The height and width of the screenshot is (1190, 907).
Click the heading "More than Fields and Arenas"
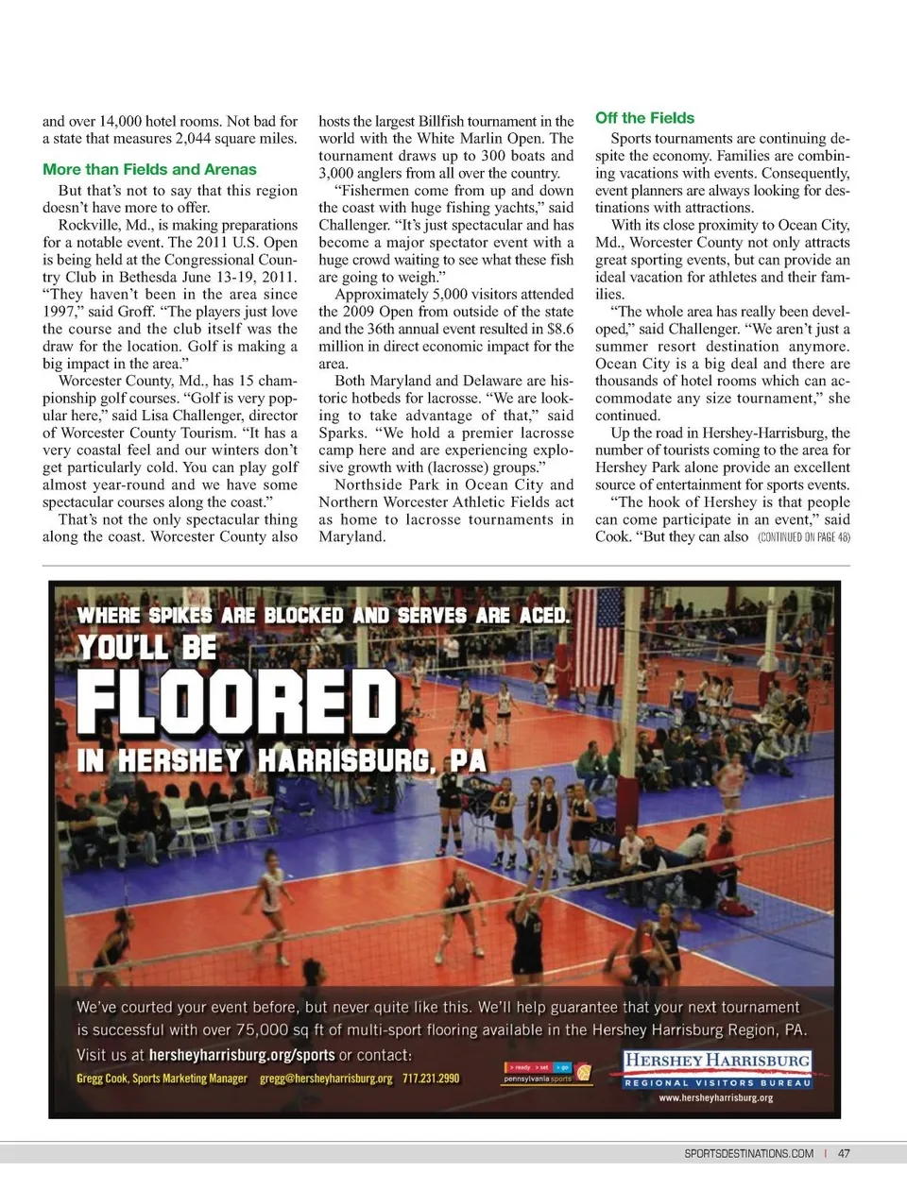149,170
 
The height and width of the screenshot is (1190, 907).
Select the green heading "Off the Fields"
644,118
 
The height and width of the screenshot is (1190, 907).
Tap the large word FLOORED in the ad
236,703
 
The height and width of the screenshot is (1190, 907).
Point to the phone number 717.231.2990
431,1078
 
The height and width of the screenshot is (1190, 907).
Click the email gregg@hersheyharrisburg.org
326,1078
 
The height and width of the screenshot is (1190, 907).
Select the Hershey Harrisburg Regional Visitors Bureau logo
717,1070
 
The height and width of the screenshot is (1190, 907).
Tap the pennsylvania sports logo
548,1073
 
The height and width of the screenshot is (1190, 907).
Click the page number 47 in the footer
844,1153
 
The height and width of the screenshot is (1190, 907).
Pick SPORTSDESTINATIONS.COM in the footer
748,1153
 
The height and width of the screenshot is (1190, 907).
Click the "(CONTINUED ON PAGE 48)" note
803,537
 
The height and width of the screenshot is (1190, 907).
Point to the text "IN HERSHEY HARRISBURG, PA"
282,760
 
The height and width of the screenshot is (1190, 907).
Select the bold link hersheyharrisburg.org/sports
242,1055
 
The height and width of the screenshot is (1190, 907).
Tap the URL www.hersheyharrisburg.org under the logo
717,1097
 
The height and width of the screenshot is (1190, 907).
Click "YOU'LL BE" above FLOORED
147,648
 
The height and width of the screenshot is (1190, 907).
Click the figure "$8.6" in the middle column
559,330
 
